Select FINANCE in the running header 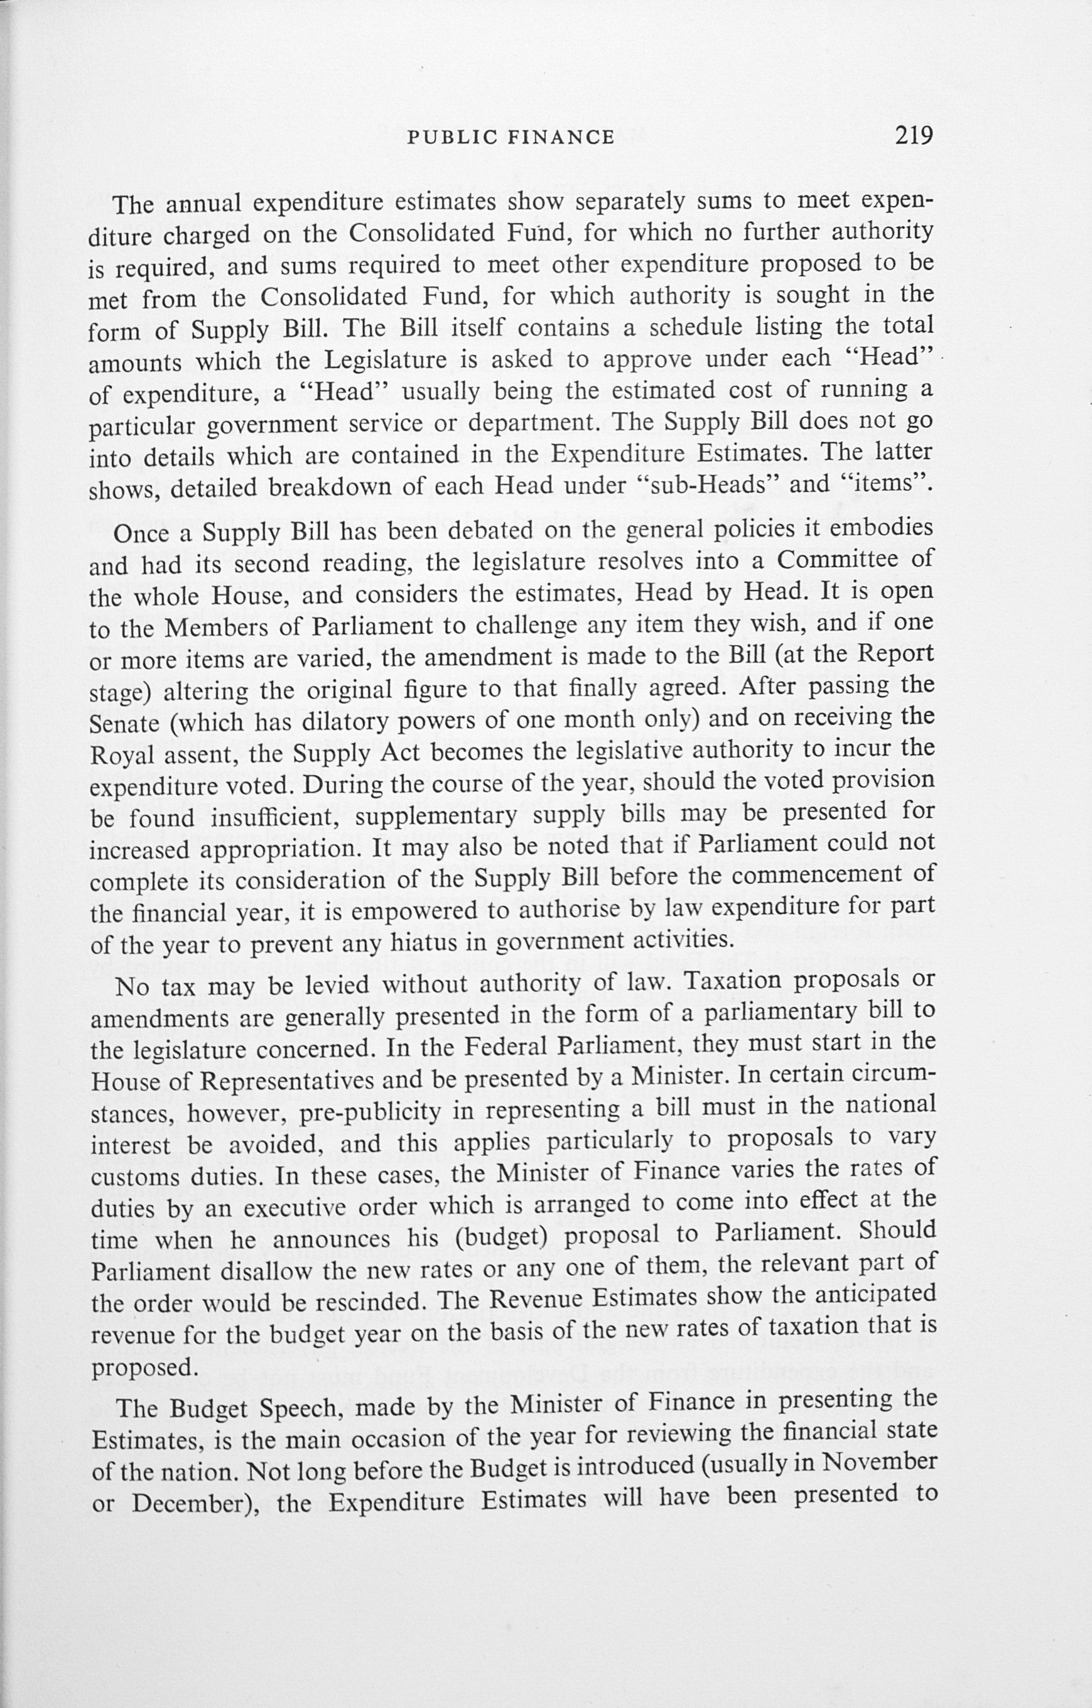[x=561, y=137]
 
